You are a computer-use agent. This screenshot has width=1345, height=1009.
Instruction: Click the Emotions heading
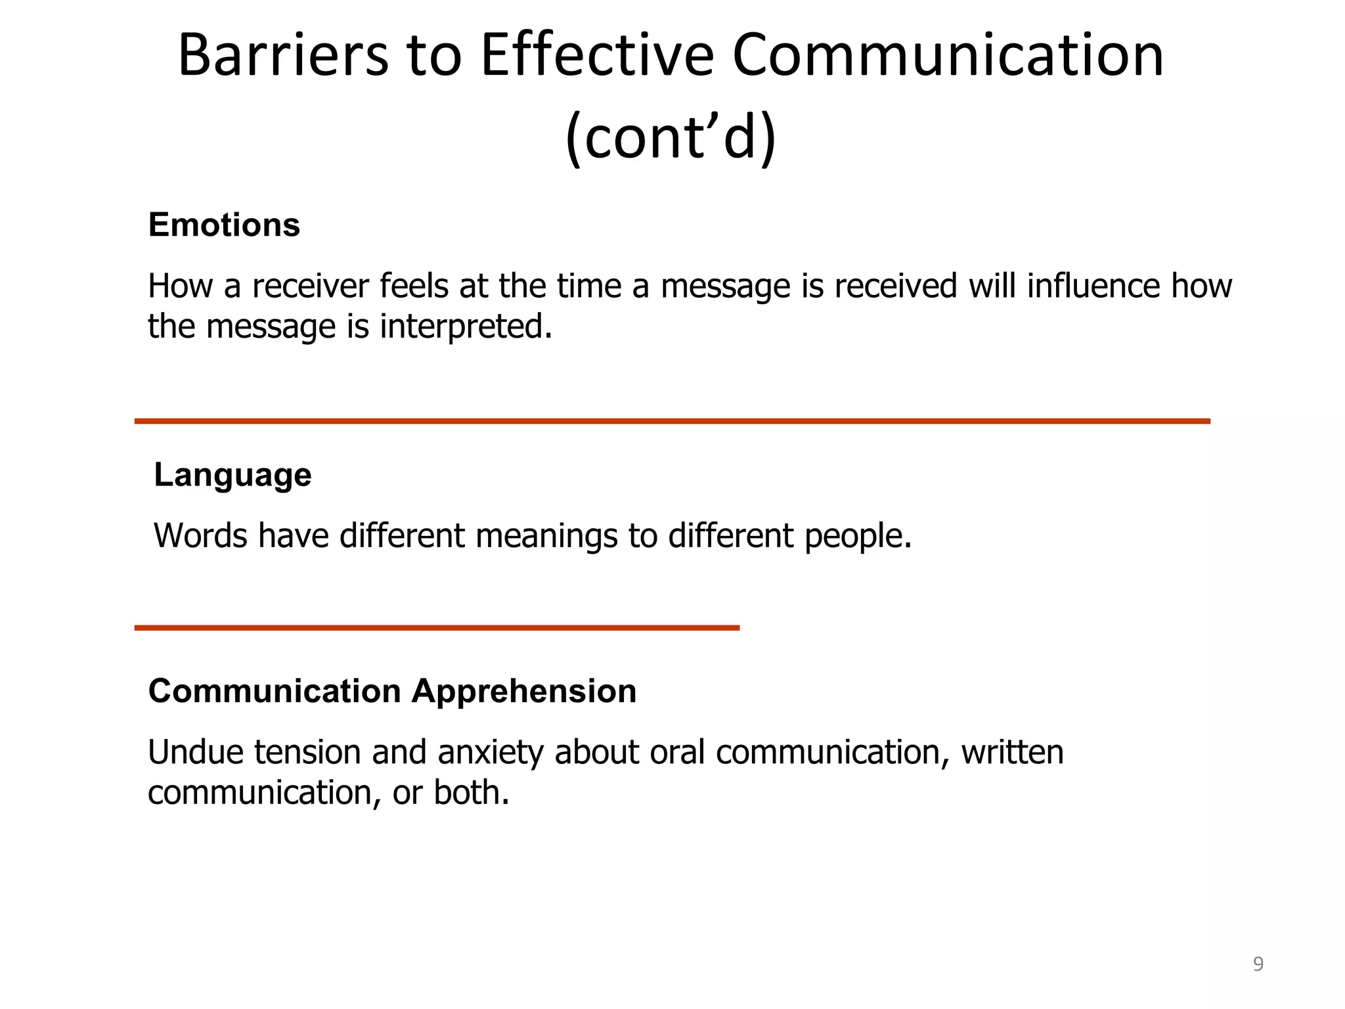(x=224, y=225)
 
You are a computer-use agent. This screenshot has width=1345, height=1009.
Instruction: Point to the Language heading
(x=232, y=475)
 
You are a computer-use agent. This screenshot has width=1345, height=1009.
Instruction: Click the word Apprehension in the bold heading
(x=524, y=691)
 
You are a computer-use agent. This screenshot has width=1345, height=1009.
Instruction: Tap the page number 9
(x=1258, y=964)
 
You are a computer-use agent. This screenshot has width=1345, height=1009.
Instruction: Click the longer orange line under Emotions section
(x=672, y=421)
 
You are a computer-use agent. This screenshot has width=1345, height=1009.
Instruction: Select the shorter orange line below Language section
(x=437, y=628)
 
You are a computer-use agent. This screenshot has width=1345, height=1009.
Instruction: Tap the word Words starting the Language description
(x=200, y=535)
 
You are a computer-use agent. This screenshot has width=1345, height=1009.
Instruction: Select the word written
(x=1012, y=752)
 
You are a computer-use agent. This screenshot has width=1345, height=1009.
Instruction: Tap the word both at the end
(x=470, y=793)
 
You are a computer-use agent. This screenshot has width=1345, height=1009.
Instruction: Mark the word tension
(x=307, y=752)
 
